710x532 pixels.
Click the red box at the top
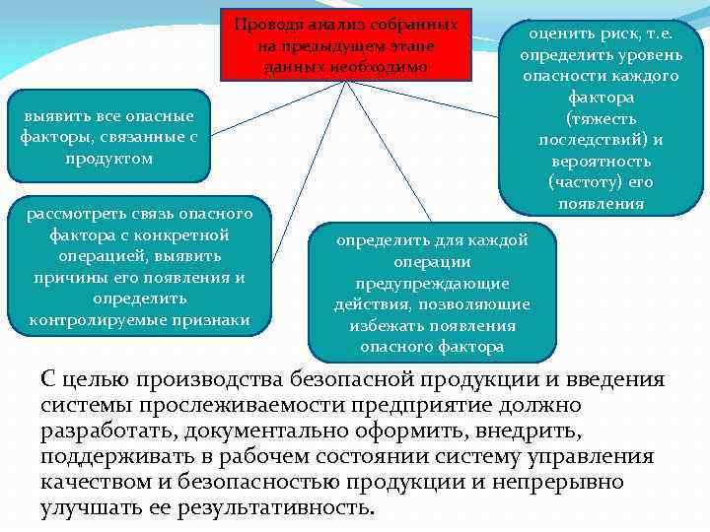[346, 44]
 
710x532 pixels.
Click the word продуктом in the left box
[108, 158]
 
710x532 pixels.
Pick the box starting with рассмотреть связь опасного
[138, 266]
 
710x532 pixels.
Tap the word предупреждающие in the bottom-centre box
[432, 283]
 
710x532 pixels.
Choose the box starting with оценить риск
[601, 117]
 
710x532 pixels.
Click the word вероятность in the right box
[601, 161]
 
